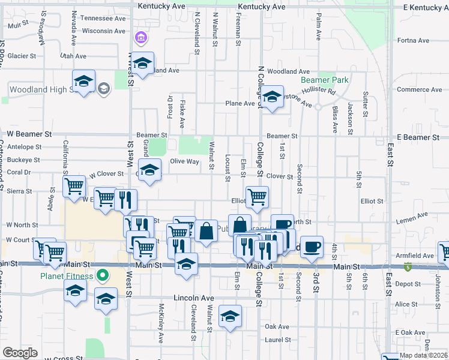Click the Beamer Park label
(324, 80)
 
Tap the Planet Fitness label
(67, 276)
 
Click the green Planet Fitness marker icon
(103, 276)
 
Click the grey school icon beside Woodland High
(104, 89)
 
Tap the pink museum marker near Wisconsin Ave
(141, 38)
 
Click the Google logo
(20, 353)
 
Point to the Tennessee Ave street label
(103, 19)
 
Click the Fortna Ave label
(413, 41)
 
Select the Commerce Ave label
(419, 89)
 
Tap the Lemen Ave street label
(412, 214)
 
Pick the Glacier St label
(22, 55)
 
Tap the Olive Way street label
(184, 161)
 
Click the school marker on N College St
(272, 97)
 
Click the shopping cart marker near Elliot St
(257, 196)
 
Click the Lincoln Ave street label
(193, 298)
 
